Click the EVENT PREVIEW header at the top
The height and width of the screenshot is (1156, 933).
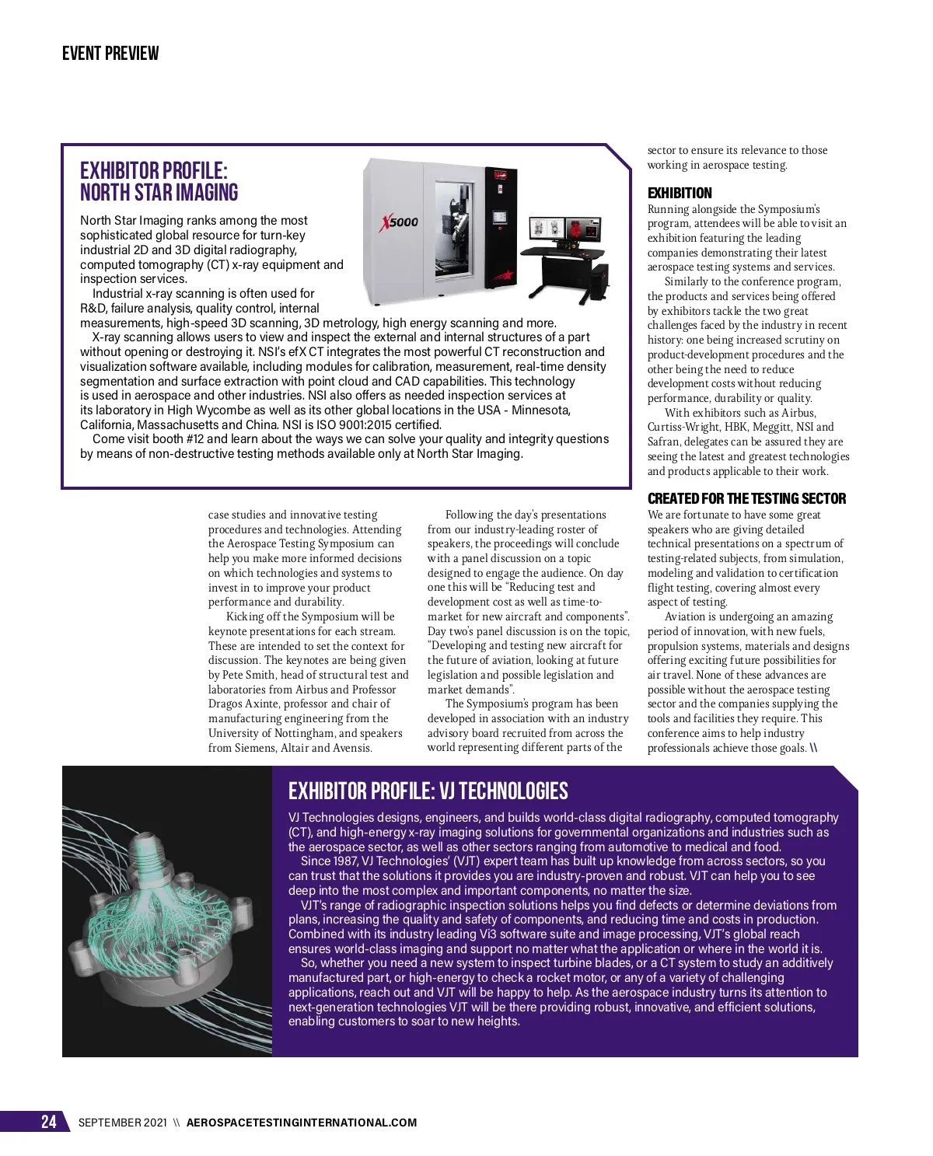click(110, 54)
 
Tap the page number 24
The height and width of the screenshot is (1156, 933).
click(48, 1122)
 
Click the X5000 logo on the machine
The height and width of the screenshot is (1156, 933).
click(400, 222)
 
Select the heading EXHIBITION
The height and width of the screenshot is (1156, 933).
click(680, 194)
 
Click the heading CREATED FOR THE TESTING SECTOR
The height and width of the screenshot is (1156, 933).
click(746, 499)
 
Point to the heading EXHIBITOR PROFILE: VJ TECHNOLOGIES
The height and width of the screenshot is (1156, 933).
click(428, 791)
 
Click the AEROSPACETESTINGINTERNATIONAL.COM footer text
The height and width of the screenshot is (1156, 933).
click(302, 1123)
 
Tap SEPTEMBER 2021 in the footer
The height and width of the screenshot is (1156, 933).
click(122, 1123)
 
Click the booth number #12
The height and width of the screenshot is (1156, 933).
click(214, 439)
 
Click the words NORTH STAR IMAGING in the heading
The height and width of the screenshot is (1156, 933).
click(159, 193)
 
